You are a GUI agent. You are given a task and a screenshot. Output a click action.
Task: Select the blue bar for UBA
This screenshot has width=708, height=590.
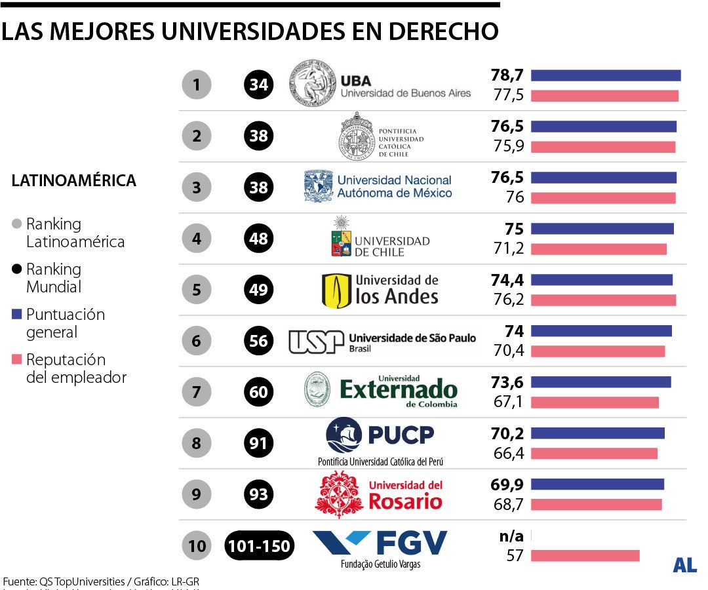coord(605,75)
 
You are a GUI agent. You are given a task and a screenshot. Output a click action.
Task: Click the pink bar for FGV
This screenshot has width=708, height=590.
coord(585,556)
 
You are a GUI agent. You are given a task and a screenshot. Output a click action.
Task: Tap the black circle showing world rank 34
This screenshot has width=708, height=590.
coord(259,85)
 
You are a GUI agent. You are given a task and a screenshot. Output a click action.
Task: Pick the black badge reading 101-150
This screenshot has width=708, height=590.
coord(260,545)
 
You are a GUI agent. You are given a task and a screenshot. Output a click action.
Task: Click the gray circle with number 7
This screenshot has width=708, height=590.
coord(197,392)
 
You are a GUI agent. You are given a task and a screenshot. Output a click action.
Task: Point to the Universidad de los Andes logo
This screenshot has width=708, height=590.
coord(336,290)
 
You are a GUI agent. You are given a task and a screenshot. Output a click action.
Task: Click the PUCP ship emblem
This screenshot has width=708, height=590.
coord(344,435)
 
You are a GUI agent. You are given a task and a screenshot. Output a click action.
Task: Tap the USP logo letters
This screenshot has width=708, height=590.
coord(316,342)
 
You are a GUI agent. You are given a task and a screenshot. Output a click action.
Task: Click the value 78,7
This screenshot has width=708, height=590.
coord(507,75)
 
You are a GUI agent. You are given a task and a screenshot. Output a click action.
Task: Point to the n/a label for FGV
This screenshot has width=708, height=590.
coord(511,536)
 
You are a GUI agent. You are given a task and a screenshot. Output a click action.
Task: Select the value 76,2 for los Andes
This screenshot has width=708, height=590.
coord(509,300)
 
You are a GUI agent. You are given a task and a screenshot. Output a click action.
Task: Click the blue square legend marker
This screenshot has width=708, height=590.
coord(17,314)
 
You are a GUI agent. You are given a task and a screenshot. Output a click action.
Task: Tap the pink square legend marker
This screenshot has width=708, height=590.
coord(17,359)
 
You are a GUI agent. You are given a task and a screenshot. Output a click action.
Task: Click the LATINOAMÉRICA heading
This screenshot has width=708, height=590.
coord(74,181)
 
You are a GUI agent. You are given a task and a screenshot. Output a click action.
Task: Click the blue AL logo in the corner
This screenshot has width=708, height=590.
coord(684,565)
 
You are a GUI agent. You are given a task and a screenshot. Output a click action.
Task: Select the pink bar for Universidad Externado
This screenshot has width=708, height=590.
coord(594,402)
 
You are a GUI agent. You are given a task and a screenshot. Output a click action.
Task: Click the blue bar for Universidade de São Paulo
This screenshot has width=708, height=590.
coord(601,331)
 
